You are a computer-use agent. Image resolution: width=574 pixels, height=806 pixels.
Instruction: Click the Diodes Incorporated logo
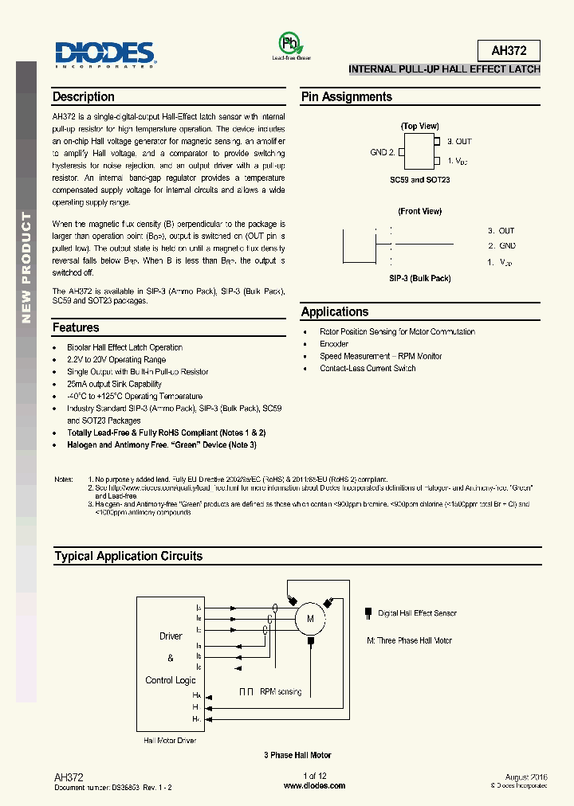[105, 53]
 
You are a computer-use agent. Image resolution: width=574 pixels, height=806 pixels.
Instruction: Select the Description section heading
[84, 97]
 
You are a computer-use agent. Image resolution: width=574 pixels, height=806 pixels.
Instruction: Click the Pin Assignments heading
[346, 97]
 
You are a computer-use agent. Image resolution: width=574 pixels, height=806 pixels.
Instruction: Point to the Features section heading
[76, 328]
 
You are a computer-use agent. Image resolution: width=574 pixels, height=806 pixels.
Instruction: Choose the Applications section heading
[335, 312]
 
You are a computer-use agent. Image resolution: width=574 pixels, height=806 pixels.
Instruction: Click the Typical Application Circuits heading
[128, 557]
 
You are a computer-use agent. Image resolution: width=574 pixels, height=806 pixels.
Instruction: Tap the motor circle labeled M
[311, 617]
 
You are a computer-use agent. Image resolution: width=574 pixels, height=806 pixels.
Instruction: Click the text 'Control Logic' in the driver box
[171, 680]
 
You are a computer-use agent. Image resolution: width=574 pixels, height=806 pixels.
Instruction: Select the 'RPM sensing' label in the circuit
[281, 692]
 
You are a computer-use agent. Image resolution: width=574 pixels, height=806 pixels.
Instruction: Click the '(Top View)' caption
[419, 127]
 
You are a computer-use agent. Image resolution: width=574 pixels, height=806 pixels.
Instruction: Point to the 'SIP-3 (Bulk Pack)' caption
[419, 278]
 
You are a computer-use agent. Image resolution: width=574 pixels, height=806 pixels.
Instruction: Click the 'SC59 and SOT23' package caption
[419, 180]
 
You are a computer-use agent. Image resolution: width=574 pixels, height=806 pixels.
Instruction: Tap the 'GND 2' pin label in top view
[382, 151]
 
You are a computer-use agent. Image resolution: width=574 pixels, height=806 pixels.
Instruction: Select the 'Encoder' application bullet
[334, 344]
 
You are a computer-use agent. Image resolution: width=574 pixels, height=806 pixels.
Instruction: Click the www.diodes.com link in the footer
[315, 786]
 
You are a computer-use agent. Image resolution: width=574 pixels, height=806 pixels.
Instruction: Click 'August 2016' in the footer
[526, 777]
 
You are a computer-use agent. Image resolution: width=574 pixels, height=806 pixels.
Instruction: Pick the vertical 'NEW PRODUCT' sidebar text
[26, 268]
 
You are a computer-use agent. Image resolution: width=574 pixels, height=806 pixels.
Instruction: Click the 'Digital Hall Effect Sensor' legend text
[418, 613]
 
